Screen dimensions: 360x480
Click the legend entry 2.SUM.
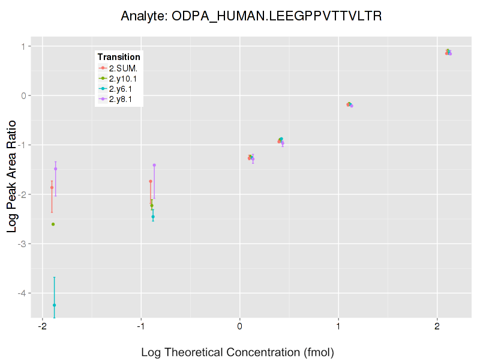click(123, 68)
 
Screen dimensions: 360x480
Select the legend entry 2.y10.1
click(123, 78)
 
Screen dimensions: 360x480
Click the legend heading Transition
click(119, 57)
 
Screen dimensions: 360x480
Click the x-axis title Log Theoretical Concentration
click(237, 352)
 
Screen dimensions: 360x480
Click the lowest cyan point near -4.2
click(54, 305)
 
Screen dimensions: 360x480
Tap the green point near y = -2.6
click(53, 224)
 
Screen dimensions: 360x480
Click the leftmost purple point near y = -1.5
click(55, 169)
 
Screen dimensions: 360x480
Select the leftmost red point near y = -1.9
click(52, 187)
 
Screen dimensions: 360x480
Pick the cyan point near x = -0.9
click(153, 217)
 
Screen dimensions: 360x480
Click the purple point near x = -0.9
click(154, 165)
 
